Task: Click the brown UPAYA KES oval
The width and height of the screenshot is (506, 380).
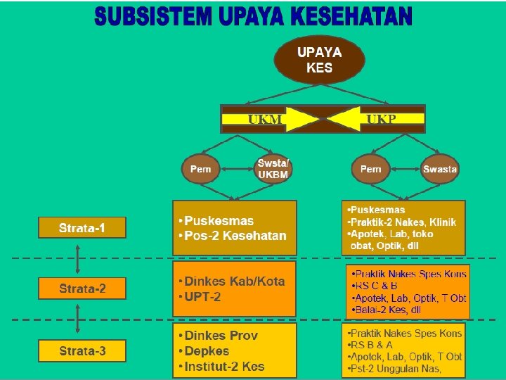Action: (319, 60)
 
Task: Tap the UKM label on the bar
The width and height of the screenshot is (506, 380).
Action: (265, 120)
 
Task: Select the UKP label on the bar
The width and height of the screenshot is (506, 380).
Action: (382, 120)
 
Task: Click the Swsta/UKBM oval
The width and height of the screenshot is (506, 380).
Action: (273, 169)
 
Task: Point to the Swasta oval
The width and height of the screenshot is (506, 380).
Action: (440, 169)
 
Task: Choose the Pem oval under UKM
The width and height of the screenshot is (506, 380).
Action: (201, 169)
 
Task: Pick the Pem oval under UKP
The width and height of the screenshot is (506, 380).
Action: (370, 169)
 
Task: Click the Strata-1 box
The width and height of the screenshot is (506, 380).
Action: (82, 227)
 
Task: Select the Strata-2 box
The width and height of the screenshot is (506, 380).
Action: (82, 288)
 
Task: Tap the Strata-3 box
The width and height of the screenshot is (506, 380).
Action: (82, 350)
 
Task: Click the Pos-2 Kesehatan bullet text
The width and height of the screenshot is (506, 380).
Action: (235, 236)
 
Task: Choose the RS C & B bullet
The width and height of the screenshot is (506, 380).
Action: (375, 286)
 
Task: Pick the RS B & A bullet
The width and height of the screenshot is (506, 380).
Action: (372, 345)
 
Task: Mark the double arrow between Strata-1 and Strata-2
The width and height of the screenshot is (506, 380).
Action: (77, 258)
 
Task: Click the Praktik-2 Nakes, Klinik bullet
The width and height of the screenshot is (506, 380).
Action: (403, 222)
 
